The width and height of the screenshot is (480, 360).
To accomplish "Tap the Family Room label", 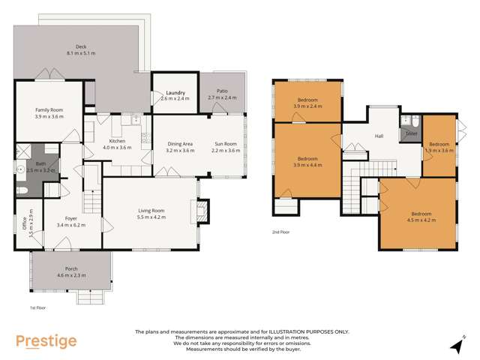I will point(49,110).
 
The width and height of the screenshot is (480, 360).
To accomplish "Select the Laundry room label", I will point(174,92).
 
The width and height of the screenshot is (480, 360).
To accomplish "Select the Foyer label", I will point(72,218).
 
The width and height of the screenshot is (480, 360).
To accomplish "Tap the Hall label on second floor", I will point(379,136).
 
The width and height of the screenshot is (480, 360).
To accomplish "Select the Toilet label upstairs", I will point(411,133).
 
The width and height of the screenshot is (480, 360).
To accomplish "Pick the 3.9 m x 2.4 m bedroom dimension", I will point(308,106).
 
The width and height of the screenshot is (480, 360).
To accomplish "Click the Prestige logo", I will point(46,341).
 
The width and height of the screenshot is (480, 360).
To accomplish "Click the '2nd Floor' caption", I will point(281,232).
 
